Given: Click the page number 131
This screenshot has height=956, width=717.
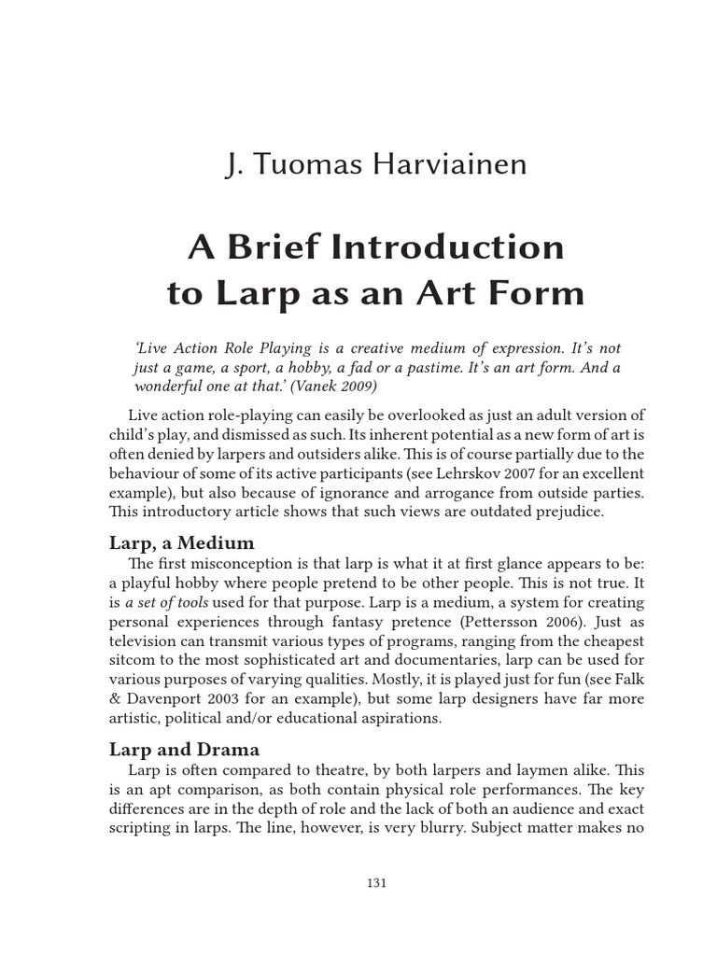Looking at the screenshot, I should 376,882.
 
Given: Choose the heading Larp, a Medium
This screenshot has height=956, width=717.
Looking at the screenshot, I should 181,542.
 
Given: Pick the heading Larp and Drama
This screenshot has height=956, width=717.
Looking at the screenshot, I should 184,749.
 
